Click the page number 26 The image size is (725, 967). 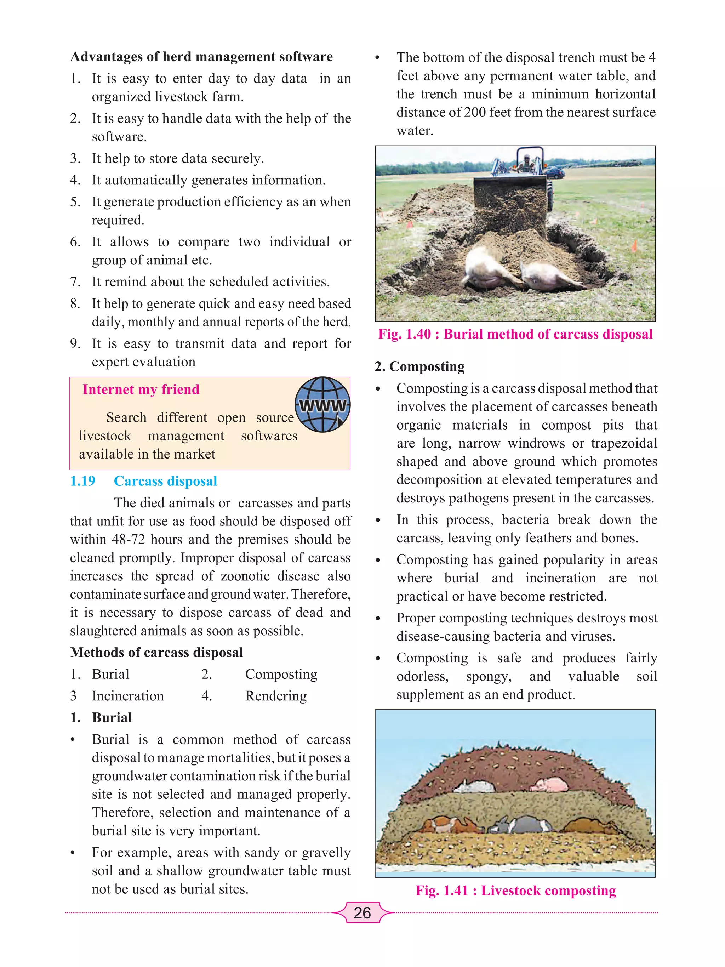(362, 913)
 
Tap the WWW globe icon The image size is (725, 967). (322, 405)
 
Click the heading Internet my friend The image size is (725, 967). (141, 389)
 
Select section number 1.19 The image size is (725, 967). (82, 481)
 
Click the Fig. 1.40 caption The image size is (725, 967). (515, 334)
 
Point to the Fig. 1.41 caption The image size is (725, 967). (516, 891)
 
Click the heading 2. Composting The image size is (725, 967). (419, 366)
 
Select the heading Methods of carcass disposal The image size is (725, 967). (156, 652)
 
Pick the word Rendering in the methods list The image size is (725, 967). (276, 695)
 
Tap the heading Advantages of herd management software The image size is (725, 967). (201, 57)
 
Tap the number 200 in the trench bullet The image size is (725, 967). (475, 112)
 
